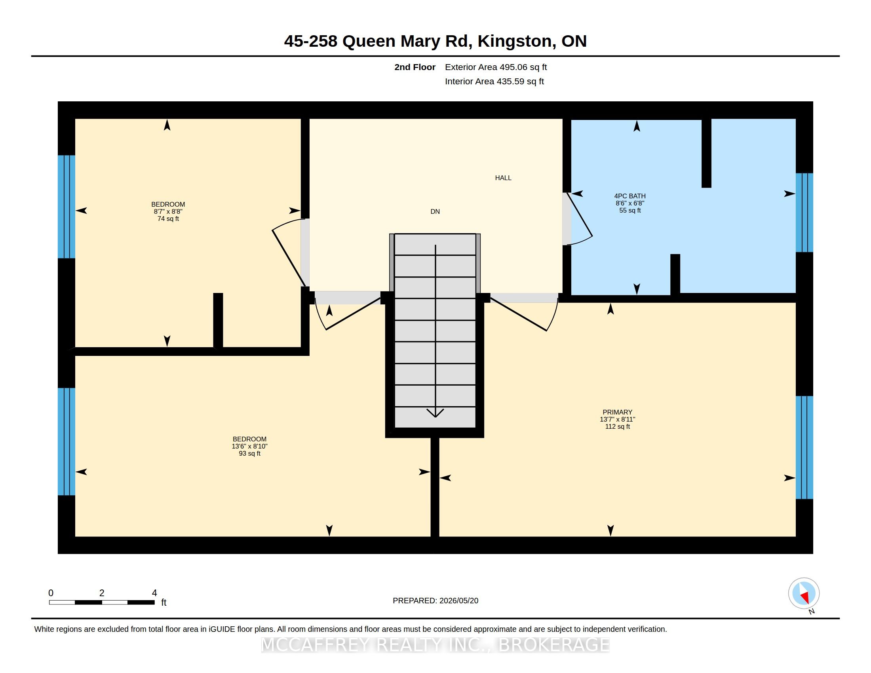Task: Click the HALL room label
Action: click(x=503, y=178)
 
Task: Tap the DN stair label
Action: click(x=435, y=211)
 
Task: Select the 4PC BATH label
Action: click(x=630, y=196)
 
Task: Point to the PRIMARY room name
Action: click(x=617, y=412)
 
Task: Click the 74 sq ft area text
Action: click(x=168, y=219)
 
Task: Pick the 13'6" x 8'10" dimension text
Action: click(x=250, y=446)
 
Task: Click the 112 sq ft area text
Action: click(x=617, y=426)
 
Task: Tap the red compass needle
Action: click(x=805, y=597)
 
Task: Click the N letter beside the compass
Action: click(x=811, y=612)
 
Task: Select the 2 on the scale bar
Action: click(x=102, y=593)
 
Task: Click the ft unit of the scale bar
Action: click(x=164, y=602)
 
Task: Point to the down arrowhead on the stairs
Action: click(x=435, y=413)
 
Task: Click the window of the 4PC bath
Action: click(x=804, y=213)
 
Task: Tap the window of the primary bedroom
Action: click(x=804, y=447)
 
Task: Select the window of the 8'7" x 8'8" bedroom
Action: click(x=66, y=207)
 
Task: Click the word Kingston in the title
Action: click(x=514, y=41)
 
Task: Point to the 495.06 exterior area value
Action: click(x=510, y=67)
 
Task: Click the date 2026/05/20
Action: click(x=458, y=601)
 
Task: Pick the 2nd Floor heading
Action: click(x=415, y=67)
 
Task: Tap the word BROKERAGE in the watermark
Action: click(x=554, y=644)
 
